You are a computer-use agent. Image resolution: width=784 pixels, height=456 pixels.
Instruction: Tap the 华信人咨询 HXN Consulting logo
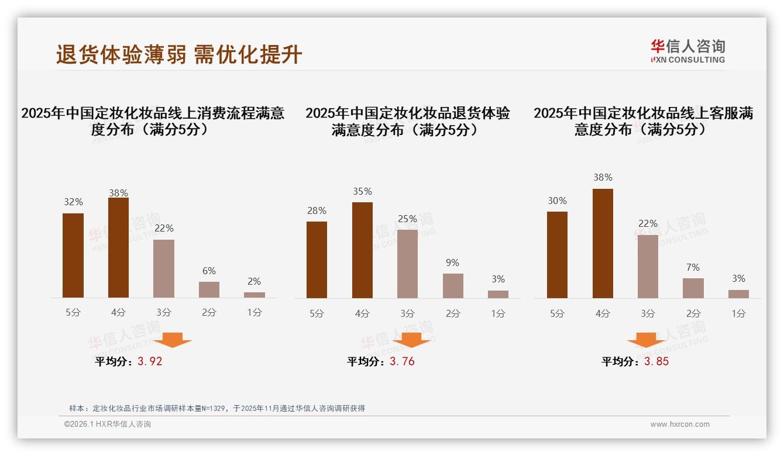coord(687,51)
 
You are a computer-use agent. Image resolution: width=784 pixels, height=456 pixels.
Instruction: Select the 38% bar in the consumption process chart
coord(118,248)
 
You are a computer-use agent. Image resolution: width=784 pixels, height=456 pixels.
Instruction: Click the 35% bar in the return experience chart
coord(362,250)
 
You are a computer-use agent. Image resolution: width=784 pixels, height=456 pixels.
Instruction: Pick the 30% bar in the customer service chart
coord(557,255)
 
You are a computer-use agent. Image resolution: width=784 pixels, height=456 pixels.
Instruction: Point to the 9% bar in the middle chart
coord(453,286)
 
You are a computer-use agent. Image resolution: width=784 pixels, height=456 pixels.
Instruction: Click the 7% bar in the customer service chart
coord(693,288)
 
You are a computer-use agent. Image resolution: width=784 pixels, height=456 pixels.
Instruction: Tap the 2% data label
coord(254,281)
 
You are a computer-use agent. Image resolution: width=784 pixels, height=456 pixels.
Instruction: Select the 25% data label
coord(407,219)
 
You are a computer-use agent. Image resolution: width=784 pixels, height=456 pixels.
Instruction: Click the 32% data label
coord(73,202)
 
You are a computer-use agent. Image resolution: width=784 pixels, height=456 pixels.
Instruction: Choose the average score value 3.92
coord(150,361)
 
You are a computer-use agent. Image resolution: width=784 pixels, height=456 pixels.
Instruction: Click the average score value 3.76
coord(402,361)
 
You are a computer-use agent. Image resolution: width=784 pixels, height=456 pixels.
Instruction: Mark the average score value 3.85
coord(656,361)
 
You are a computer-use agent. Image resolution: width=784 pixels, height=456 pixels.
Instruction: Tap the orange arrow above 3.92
coord(173,340)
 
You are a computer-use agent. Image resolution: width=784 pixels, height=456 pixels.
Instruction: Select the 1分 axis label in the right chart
coord(738,313)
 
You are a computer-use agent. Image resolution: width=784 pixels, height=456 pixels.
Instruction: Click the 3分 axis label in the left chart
coord(164,313)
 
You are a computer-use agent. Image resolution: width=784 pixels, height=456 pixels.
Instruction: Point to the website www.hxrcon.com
coord(680,424)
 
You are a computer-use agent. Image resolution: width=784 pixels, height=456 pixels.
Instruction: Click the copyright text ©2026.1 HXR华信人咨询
coord(108,424)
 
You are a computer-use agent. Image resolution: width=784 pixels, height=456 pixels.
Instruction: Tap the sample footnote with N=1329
coord(217,408)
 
